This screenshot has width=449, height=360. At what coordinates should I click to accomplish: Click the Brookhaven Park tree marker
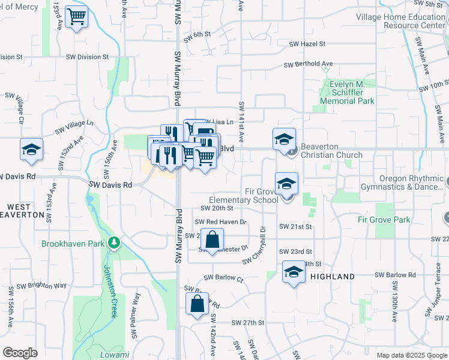(114, 244)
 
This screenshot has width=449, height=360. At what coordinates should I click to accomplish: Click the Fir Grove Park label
(384, 220)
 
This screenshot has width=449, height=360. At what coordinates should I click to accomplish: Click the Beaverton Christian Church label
(331, 151)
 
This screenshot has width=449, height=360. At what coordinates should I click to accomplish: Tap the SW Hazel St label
(307, 44)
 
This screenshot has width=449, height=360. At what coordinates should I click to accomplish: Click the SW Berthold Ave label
(309, 64)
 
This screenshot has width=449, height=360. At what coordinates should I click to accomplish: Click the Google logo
(20, 353)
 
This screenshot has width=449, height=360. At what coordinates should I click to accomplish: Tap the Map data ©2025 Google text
(411, 355)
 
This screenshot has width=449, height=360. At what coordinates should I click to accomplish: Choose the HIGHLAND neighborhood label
(333, 277)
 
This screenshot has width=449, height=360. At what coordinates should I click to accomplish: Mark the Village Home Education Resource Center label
(400, 22)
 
